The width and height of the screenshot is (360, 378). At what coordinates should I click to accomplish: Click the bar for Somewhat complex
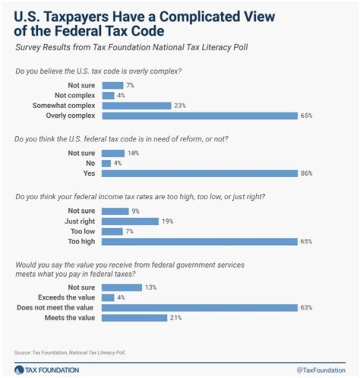pyautogui.click(x=136, y=106)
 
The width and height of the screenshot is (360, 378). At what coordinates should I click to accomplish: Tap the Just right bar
pyautogui.click(x=130, y=221)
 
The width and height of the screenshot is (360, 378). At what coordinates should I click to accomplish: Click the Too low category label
pyautogui.click(x=84, y=231)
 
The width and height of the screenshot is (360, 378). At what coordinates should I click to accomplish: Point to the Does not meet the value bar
pyautogui.click(x=200, y=307)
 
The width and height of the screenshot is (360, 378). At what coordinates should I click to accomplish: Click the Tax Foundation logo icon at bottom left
pyautogui.click(x=19, y=369)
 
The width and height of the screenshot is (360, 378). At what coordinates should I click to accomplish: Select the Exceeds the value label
pyautogui.click(x=70, y=297)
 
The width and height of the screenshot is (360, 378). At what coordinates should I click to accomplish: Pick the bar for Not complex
pyautogui.click(x=108, y=95)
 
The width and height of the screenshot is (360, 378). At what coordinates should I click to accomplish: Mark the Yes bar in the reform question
pyautogui.click(x=200, y=173)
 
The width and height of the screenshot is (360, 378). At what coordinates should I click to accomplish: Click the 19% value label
pyautogui.click(x=166, y=221)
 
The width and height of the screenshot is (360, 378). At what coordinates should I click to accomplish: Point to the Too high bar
pyautogui.click(x=200, y=241)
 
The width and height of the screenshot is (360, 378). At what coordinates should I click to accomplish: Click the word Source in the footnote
pyautogui.click(x=21, y=352)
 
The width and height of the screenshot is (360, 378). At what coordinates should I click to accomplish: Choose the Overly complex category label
pyautogui.click(x=71, y=116)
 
